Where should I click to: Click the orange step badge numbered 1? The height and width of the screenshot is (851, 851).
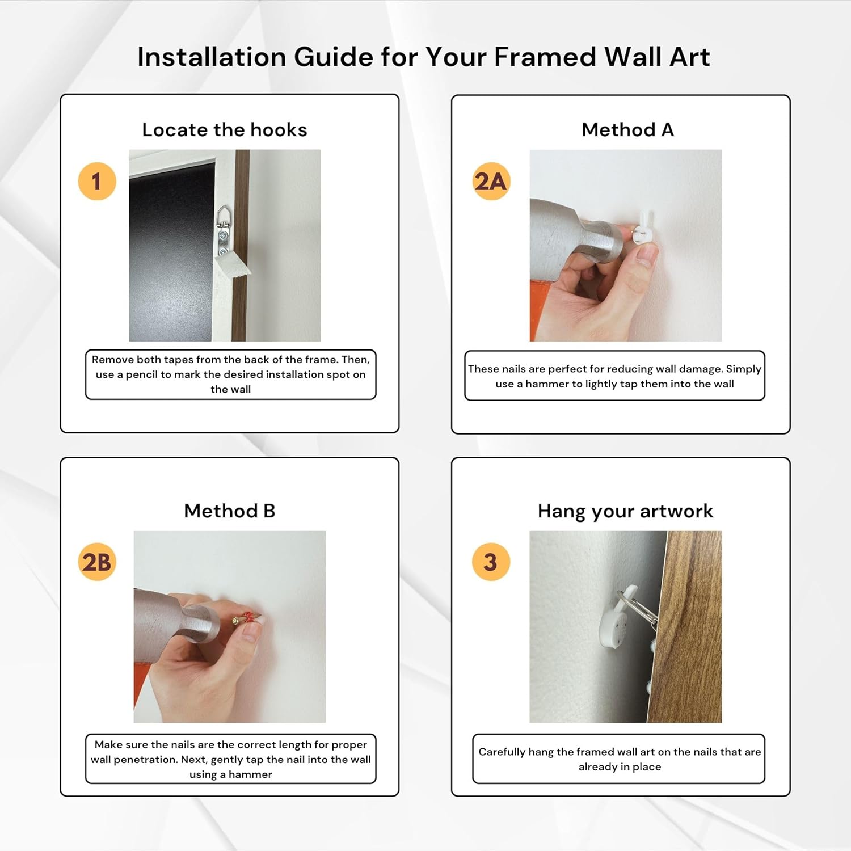[97, 182]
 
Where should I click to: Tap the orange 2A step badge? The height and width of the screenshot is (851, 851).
[491, 182]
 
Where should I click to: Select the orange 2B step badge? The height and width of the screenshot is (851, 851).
[97, 562]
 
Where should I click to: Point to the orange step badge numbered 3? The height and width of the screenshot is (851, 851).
[491, 562]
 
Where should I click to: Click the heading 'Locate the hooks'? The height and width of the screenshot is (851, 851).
[225, 130]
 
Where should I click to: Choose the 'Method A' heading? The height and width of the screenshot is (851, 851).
[628, 130]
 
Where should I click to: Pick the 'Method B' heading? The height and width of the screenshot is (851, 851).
[230, 511]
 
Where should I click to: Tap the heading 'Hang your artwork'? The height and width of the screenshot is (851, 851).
[625, 512]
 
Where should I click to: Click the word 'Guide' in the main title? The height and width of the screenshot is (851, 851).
[332, 57]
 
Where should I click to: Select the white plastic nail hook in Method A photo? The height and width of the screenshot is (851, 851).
[643, 227]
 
